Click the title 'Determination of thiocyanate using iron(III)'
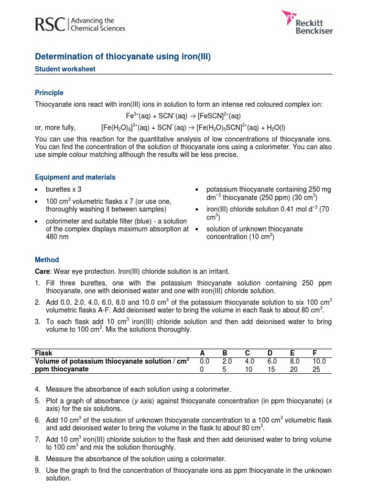tap(123, 57)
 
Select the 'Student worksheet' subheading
tap(65, 69)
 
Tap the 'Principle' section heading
tap(49, 93)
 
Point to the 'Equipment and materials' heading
tap(75, 177)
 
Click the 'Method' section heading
tap(47, 260)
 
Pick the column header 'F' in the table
tap(315, 353)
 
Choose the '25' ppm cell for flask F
tap(317, 369)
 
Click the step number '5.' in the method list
tap(38, 400)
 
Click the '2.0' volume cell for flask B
tap(227, 361)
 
